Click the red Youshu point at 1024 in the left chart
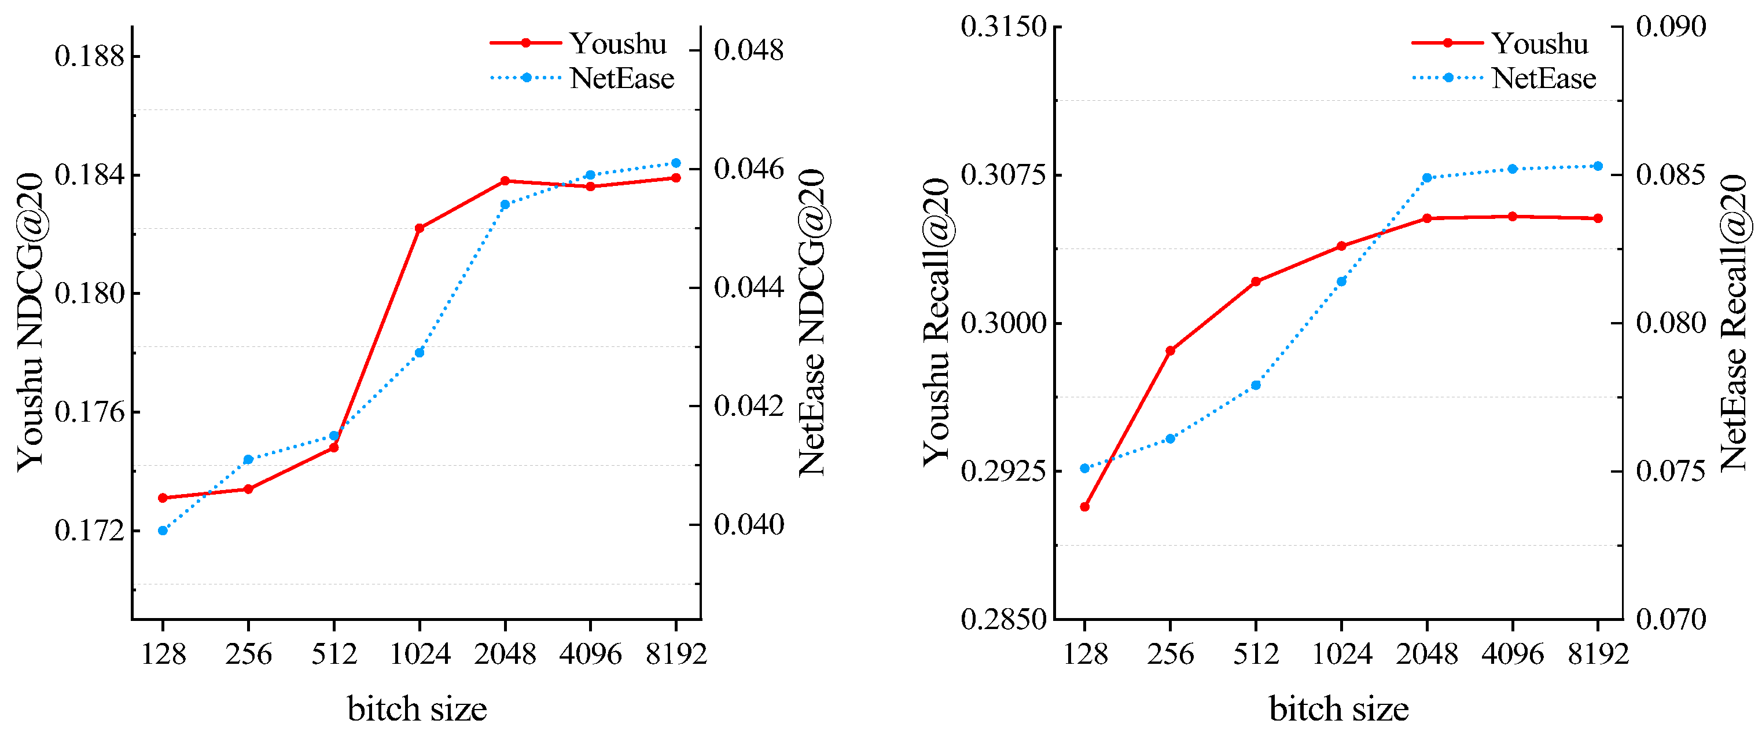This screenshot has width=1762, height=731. click(420, 228)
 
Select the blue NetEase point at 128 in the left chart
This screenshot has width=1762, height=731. click(163, 531)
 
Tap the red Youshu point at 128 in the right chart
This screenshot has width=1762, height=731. click(1084, 506)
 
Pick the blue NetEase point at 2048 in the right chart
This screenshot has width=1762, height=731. click(1427, 178)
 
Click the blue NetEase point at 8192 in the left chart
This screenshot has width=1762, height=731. click(676, 163)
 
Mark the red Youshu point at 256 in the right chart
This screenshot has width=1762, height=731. click(1171, 350)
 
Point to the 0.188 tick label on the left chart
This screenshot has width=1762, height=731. click(90, 56)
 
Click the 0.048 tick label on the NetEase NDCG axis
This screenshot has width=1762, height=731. click(748, 50)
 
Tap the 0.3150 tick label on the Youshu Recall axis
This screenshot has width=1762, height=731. click(1003, 27)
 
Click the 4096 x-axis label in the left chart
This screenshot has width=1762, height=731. click(590, 655)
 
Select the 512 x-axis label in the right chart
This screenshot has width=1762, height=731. click(1256, 655)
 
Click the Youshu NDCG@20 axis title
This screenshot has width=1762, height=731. click(30, 321)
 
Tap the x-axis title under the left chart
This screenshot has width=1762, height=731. click(417, 708)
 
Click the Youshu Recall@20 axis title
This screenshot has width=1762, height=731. click(936, 321)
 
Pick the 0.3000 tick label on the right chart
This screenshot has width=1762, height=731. click(1003, 323)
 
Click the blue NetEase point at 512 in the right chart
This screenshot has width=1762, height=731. click(1256, 385)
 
